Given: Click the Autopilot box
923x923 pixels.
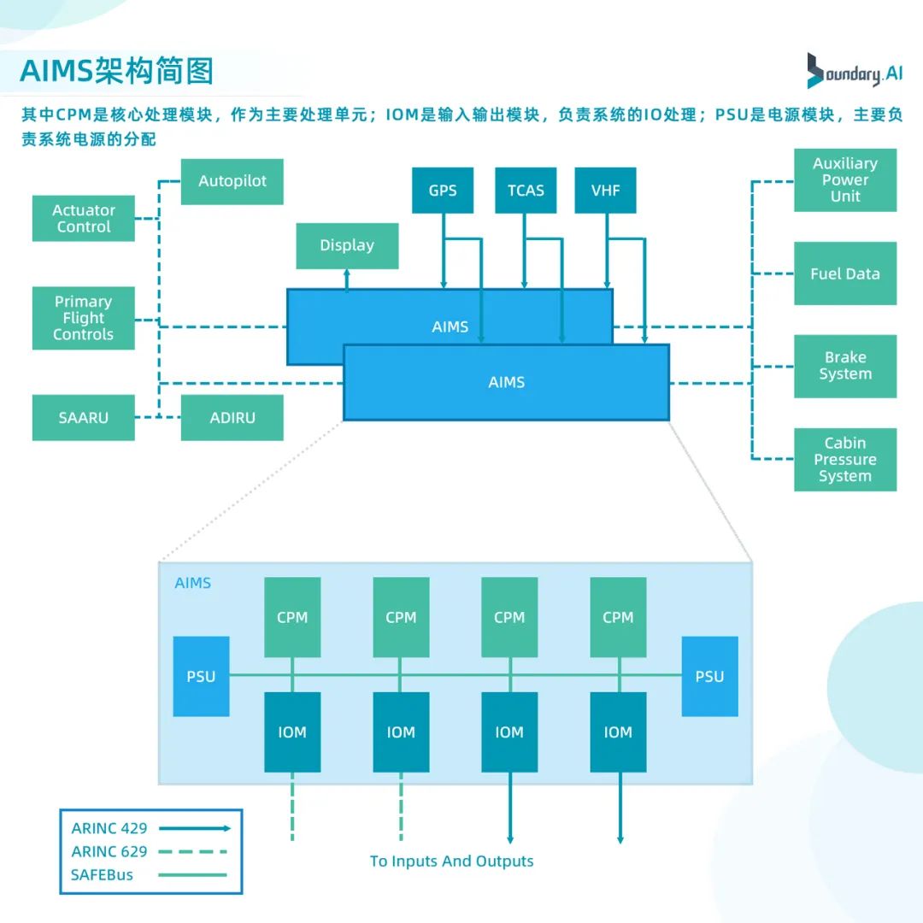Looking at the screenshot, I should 232,181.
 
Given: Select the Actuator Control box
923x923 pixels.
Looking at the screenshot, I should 83,218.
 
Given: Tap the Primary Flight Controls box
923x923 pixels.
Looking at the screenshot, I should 83,318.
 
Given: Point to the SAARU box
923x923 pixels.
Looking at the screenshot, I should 83,418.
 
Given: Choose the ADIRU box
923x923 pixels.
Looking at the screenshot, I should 232,418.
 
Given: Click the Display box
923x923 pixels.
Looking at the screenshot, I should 347,245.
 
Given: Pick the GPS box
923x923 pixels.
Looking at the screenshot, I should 443,190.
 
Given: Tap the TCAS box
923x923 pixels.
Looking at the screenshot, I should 526,190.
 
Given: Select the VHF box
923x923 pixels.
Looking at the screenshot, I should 606,190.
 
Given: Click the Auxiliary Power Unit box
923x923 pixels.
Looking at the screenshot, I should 844,179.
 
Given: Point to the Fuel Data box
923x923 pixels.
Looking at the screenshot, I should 844,273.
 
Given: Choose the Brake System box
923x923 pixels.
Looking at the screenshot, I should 844,366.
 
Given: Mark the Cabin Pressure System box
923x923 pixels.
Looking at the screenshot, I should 844,460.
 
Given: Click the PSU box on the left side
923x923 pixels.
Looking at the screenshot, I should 201,676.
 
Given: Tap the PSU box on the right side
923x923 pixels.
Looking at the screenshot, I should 709,676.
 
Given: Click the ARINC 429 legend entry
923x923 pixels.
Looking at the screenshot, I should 150,828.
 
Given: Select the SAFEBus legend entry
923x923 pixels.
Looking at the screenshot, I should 150,874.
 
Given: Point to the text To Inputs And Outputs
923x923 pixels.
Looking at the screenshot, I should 451,861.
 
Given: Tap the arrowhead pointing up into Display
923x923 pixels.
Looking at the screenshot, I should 347,274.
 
